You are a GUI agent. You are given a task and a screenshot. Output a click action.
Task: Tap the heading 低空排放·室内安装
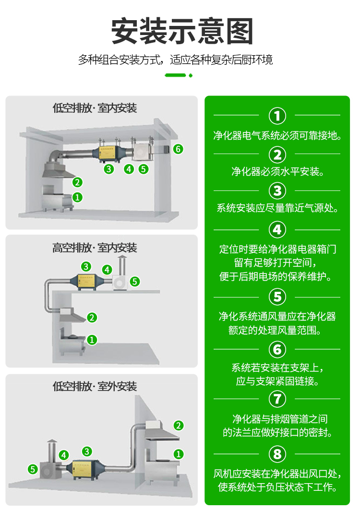click(x=95, y=107)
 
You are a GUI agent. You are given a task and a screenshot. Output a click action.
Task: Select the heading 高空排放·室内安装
click(x=95, y=248)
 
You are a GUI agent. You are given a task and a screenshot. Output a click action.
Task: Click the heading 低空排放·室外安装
click(x=95, y=387)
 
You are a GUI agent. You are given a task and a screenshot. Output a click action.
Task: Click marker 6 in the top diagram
click(x=178, y=149)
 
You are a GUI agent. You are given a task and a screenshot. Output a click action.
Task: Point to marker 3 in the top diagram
click(x=109, y=168)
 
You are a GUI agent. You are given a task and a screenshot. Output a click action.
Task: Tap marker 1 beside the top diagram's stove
click(x=77, y=197)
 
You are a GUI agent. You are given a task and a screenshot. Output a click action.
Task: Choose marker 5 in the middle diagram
click(x=135, y=281)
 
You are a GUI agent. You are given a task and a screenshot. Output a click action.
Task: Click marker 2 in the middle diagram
click(x=92, y=317)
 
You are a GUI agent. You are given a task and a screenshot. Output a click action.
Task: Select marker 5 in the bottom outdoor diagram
click(x=33, y=469)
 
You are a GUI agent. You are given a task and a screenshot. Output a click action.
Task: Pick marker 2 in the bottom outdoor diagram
click(x=179, y=426)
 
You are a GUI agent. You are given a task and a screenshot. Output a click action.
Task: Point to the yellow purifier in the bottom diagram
click(x=87, y=468)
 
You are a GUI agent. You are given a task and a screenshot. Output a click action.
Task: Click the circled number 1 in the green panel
click(x=277, y=116)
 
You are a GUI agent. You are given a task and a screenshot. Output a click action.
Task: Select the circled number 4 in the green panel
click(x=277, y=229)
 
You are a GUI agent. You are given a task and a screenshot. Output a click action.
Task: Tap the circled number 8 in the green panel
click(x=277, y=454)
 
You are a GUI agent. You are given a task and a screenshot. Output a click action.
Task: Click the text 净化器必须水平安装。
click(x=277, y=171)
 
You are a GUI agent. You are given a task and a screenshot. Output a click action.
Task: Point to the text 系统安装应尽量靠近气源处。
click(x=277, y=209)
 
